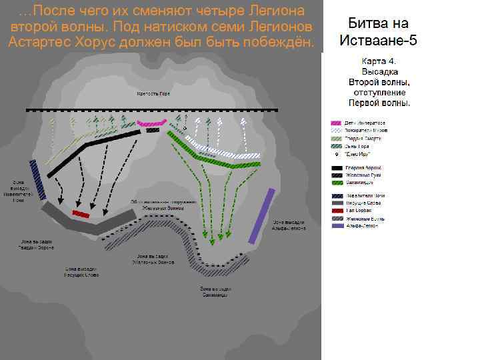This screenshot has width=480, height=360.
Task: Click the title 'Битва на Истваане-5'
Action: tap(378, 31)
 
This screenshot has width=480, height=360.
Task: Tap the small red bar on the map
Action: tap(81, 213)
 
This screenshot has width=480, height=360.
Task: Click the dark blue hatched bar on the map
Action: tap(39, 180)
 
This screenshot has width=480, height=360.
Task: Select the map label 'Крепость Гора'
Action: tap(153, 95)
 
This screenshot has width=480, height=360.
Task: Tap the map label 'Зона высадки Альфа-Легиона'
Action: tap(289, 225)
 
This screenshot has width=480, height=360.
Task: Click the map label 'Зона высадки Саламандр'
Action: tap(215, 291)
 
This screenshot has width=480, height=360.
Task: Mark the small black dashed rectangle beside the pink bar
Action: tap(153, 130)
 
